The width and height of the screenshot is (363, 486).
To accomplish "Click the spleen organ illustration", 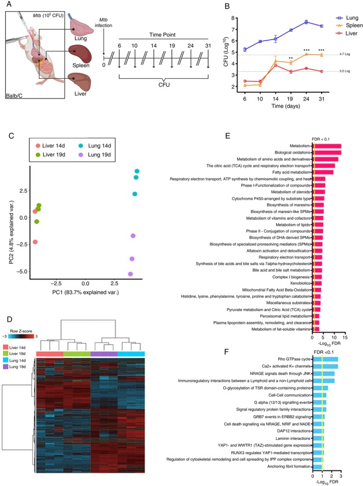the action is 80,53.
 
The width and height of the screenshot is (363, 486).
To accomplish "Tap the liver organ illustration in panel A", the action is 81,82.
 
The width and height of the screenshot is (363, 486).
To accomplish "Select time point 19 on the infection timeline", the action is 172,46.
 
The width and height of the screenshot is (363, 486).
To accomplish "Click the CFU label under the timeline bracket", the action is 164,84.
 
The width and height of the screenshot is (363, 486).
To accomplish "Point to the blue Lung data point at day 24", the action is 306,22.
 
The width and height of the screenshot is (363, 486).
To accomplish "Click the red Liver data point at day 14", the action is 275,66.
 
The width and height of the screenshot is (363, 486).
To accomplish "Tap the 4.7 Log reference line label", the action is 345,54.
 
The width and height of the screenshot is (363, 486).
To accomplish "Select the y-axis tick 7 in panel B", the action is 232,29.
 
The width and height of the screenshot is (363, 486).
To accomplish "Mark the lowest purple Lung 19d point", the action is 131,274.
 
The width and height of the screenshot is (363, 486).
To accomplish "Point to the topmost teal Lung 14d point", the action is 137,171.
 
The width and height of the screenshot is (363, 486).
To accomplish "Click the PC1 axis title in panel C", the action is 86,292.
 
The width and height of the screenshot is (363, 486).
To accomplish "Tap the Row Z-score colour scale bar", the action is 22,336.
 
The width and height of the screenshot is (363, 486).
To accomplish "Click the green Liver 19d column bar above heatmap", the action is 77,354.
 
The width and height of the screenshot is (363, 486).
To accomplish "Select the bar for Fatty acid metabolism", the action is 323,173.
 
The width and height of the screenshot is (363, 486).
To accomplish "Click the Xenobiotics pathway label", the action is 300,283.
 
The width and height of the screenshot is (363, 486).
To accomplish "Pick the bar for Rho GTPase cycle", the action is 325,359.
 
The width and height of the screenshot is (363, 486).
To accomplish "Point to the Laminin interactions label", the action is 293,438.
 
